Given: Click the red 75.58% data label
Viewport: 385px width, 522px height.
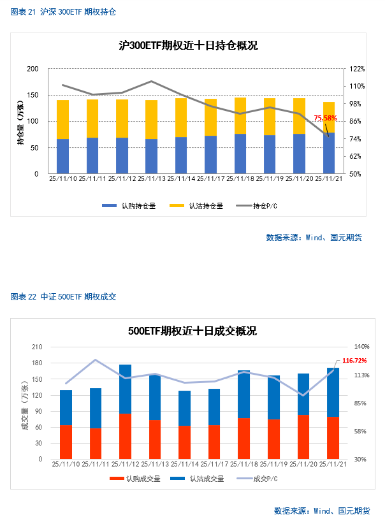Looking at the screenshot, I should pyautogui.click(x=325, y=118).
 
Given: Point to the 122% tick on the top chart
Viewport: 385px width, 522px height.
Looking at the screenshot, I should pyautogui.click(x=356, y=69).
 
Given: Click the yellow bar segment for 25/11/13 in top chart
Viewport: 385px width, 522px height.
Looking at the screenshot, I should pyautogui.click(x=152, y=119).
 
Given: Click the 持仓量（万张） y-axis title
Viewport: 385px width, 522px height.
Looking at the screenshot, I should pyautogui.click(x=21, y=121).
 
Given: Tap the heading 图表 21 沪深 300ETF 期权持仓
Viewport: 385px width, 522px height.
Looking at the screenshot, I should pyautogui.click(x=64, y=12).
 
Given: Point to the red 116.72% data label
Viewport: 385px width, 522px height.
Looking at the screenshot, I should pyautogui.click(x=354, y=361).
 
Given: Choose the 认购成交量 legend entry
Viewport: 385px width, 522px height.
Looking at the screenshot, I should pyautogui.click(x=133, y=478).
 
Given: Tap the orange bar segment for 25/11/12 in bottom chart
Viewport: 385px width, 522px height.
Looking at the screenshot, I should pyautogui.click(x=125, y=436).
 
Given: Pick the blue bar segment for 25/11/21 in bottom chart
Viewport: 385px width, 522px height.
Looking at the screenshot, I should pyautogui.click(x=333, y=392).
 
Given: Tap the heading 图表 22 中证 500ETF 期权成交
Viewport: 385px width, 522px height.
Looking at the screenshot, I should pyautogui.click(x=64, y=297).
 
